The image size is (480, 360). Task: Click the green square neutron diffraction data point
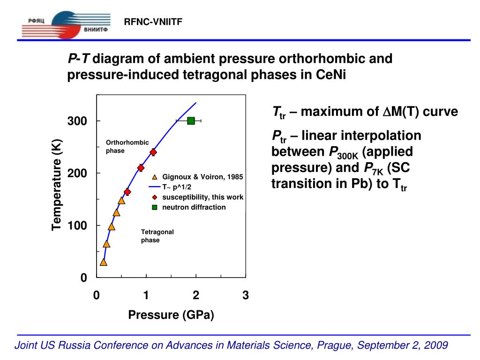tap(191, 121)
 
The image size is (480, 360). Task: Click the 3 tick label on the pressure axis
tap(246, 296)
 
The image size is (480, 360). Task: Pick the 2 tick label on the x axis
tap(196, 296)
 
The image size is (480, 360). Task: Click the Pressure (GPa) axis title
tap(171, 315)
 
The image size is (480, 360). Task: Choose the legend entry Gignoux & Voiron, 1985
tap(202, 177)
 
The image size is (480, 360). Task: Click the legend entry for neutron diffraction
tap(194, 207)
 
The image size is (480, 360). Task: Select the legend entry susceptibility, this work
tap(202, 197)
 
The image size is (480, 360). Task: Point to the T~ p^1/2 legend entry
tap(177, 187)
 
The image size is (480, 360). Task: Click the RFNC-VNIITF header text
tap(152, 22)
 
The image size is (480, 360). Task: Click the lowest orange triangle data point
tap(103, 262)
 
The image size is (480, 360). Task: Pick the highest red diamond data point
tap(153, 152)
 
